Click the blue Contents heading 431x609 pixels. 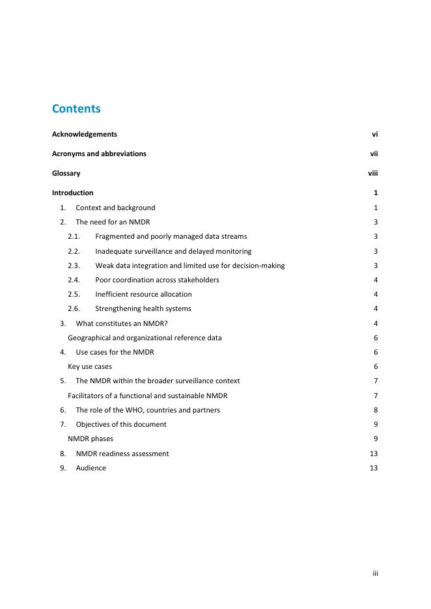[x=76, y=109]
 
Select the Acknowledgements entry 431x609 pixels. [x=85, y=134]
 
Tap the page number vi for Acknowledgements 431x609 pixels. [x=375, y=134]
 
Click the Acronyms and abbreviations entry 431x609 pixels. [x=99, y=154]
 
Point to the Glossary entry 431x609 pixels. [x=66, y=173]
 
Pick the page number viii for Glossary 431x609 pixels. [x=373, y=173]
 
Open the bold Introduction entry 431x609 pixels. [x=73, y=193]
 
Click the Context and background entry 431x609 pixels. [x=115, y=208]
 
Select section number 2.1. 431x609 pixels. [x=74, y=236]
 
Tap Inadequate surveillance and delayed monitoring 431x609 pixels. [x=173, y=251]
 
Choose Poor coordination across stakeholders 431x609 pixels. [x=157, y=280]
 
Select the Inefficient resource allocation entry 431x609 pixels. [x=143, y=294]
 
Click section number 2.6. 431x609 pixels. [x=74, y=308]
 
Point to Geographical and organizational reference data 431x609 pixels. [x=145, y=338]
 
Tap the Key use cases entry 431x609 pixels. [x=90, y=366]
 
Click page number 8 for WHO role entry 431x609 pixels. [x=376, y=410]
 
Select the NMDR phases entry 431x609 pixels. [x=90, y=439]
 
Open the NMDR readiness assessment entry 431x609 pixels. [x=122, y=453]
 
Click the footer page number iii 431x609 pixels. [x=375, y=573]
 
